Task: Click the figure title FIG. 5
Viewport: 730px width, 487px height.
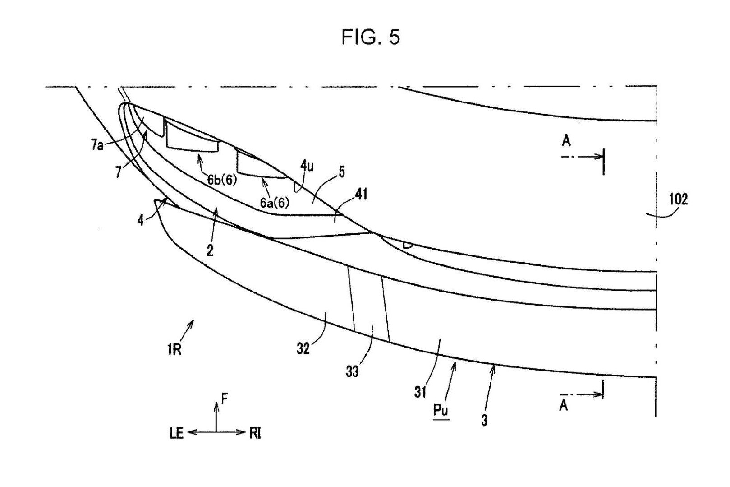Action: [370, 37]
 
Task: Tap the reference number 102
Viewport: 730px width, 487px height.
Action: [678, 199]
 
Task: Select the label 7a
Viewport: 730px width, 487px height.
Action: [96, 145]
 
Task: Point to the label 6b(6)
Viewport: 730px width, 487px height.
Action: [222, 180]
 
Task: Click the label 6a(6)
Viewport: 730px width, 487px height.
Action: [275, 203]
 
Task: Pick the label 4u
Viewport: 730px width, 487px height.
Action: [307, 166]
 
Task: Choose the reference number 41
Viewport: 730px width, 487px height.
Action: [361, 194]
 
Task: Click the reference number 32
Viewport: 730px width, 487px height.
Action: [303, 348]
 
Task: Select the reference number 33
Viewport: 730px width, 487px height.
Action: [352, 371]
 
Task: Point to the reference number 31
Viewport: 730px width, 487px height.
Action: [420, 392]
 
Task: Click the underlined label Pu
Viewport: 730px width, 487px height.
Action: [441, 410]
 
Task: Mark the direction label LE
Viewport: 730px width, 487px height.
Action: [176, 433]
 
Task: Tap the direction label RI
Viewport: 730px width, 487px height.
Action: [255, 433]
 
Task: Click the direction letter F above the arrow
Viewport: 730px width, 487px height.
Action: [225, 398]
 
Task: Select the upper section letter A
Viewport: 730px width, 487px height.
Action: [566, 141]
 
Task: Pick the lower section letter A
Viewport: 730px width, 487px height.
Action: [563, 405]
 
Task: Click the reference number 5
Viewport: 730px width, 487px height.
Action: [341, 172]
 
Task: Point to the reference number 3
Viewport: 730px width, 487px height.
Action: [484, 421]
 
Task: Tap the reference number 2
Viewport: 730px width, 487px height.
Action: [210, 250]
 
